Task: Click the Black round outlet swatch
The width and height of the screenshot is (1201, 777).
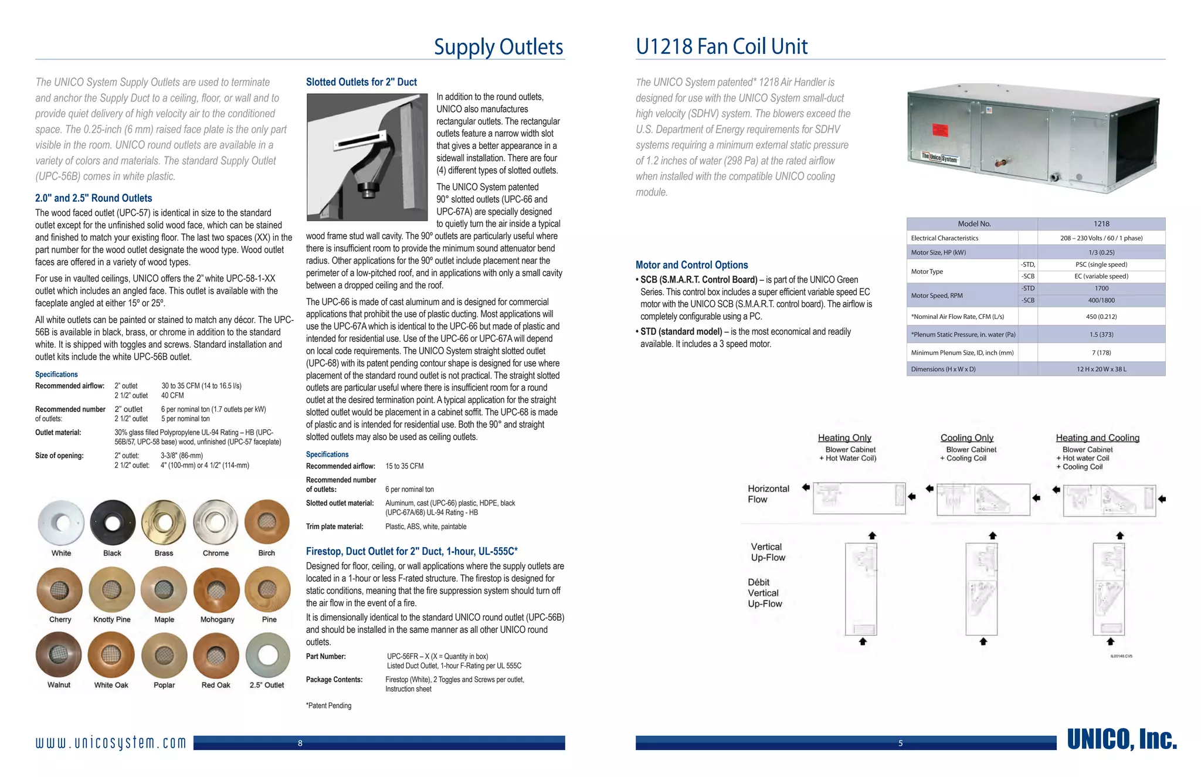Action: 113,522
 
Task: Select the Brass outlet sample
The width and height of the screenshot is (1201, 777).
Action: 164,522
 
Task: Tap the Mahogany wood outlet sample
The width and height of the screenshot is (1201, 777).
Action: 216,590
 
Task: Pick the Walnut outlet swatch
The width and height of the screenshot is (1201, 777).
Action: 59,654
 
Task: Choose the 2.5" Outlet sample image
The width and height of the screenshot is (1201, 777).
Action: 267,654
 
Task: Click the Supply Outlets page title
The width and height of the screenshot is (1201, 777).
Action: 498,47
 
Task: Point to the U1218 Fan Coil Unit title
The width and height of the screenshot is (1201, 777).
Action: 721,46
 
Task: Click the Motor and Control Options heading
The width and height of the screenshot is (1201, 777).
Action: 691,265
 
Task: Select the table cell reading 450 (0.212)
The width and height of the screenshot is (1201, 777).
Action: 1101,317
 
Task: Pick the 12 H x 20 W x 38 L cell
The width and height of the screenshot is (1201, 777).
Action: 1101,369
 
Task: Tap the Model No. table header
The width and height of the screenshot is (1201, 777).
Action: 973,224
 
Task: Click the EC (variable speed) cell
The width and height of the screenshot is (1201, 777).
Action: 1101,276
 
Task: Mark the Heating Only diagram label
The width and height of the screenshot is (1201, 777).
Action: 844,438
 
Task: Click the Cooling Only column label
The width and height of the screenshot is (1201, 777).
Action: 966,438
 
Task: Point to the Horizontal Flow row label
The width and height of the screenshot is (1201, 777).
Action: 768,494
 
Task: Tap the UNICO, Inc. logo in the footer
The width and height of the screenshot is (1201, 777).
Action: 1122,740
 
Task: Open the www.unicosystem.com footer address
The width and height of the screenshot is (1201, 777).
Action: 111,743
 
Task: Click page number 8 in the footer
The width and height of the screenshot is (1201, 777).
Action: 300,744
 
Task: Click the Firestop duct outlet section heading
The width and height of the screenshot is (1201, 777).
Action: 412,551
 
